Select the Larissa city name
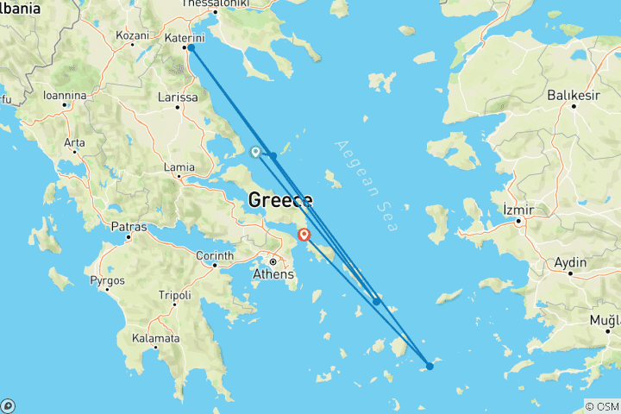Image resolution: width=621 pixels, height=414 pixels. pyautogui.click(x=178, y=97)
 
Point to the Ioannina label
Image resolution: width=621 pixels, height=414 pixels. pyautogui.click(x=65, y=95)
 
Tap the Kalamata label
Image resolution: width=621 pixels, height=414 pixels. pyautogui.click(x=155, y=338)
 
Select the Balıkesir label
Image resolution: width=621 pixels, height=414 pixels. pyautogui.click(x=574, y=95)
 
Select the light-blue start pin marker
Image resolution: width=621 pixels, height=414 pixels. pyautogui.click(x=255, y=152)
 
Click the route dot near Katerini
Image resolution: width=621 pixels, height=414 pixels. pyautogui.click(x=191, y=48)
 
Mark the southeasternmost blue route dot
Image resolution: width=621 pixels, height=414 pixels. pyautogui.click(x=430, y=366)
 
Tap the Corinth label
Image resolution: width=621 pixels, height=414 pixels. pyautogui.click(x=215, y=255)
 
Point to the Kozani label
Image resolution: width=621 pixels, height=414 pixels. pyautogui.click(x=133, y=35)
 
